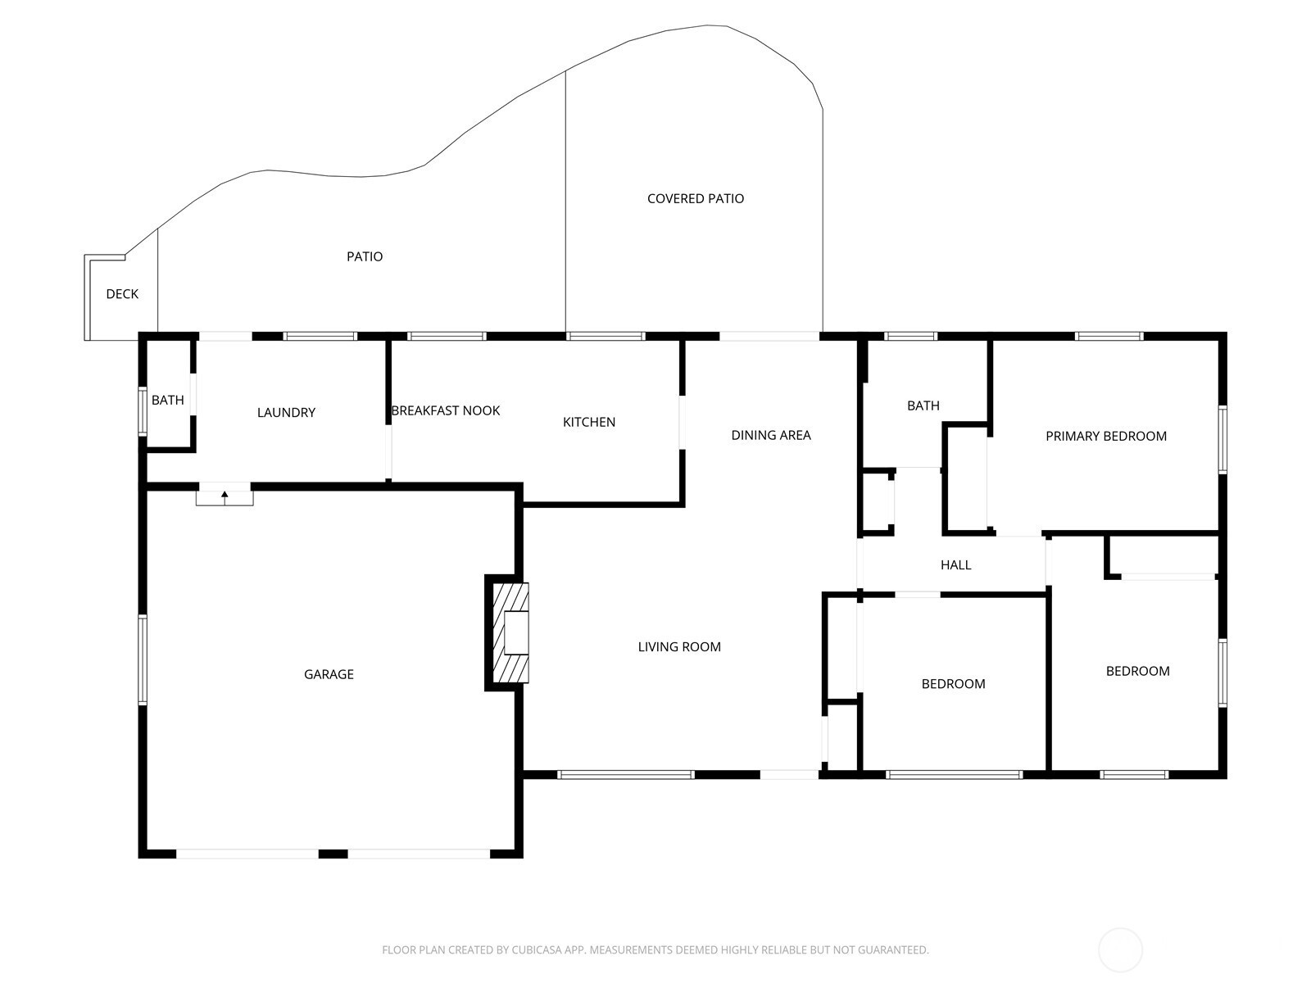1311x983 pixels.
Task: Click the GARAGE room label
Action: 329,674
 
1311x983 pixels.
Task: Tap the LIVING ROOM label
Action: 679,647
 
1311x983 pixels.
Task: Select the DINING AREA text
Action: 771,436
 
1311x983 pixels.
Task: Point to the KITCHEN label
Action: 589,423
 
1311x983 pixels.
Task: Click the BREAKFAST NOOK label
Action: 446,410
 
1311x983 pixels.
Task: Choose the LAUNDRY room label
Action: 286,412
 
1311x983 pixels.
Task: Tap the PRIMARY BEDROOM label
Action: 1106,437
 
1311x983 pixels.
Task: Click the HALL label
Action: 955,565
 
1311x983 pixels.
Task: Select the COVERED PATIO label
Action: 696,199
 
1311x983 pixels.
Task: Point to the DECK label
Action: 122,293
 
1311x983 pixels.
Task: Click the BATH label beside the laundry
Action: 168,400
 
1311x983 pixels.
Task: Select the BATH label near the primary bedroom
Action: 923,405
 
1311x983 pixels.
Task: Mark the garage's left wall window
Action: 143,659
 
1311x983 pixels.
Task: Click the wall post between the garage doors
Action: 333,854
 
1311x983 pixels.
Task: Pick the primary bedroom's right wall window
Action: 1223,439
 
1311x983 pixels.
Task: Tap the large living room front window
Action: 626,775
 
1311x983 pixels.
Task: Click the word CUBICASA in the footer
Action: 537,949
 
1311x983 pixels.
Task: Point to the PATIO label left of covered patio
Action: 365,256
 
